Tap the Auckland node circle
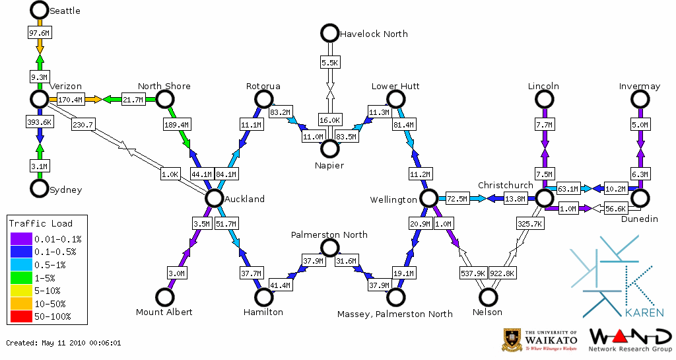coord(213,198)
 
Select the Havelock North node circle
coord(329,32)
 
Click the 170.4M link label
coord(70,100)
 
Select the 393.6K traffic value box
coord(40,122)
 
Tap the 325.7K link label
coord(529,224)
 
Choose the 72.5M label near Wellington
coord(457,198)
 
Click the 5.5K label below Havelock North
coord(329,63)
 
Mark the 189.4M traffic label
coord(176,124)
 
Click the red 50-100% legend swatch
coord(22,316)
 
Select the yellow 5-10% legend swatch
coord(22,291)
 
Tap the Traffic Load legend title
coord(41,223)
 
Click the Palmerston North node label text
coord(329,234)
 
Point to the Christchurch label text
coord(505,185)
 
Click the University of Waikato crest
coord(512,340)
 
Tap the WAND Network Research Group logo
coord(630,340)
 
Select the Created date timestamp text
coord(63,343)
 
